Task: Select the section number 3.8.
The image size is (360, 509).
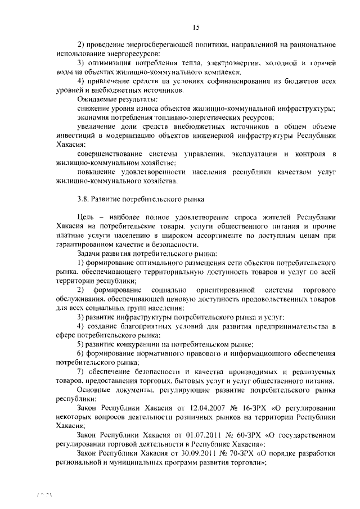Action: click(x=83, y=199)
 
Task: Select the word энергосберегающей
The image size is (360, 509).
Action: click(x=153, y=45)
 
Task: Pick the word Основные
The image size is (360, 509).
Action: click(x=96, y=390)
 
